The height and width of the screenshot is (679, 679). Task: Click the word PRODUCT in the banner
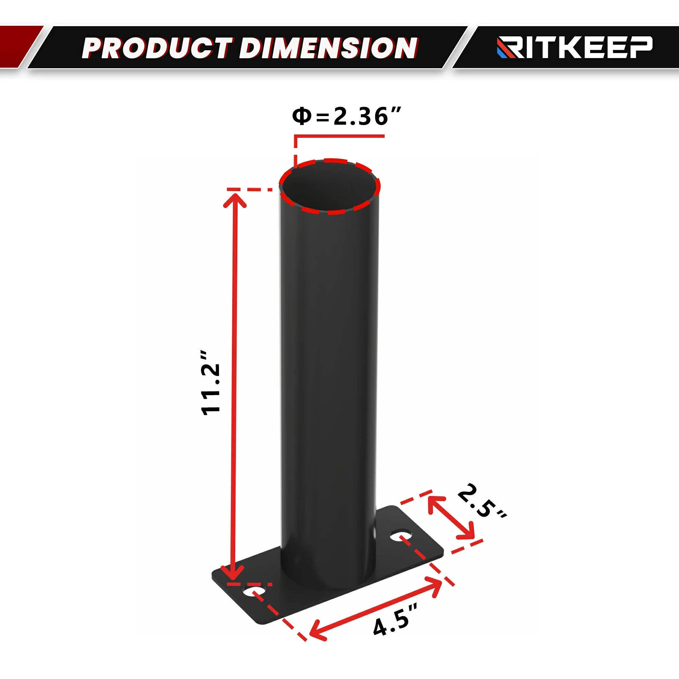click(x=157, y=48)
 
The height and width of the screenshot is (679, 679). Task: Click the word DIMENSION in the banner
click(x=329, y=48)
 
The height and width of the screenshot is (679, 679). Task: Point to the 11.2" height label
click(x=210, y=383)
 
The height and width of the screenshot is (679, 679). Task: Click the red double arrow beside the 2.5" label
click(x=451, y=518)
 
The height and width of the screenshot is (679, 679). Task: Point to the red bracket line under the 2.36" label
click(x=339, y=136)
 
